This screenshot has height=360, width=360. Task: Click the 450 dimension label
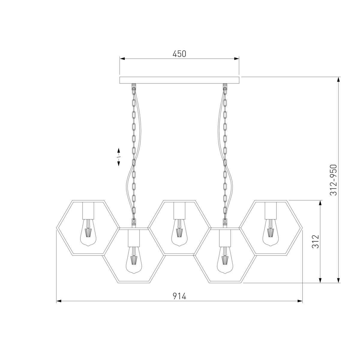click(x=179, y=54)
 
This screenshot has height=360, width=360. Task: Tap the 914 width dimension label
click(x=179, y=296)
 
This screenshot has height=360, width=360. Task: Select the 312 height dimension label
click(x=316, y=241)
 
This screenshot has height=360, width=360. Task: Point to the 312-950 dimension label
click(x=333, y=180)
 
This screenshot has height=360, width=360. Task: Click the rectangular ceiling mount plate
click(x=179, y=80)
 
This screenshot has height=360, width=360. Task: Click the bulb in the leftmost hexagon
click(x=88, y=232)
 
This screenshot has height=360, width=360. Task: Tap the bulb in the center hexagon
click(x=179, y=232)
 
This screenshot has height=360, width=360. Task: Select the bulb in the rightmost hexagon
click(x=271, y=232)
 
